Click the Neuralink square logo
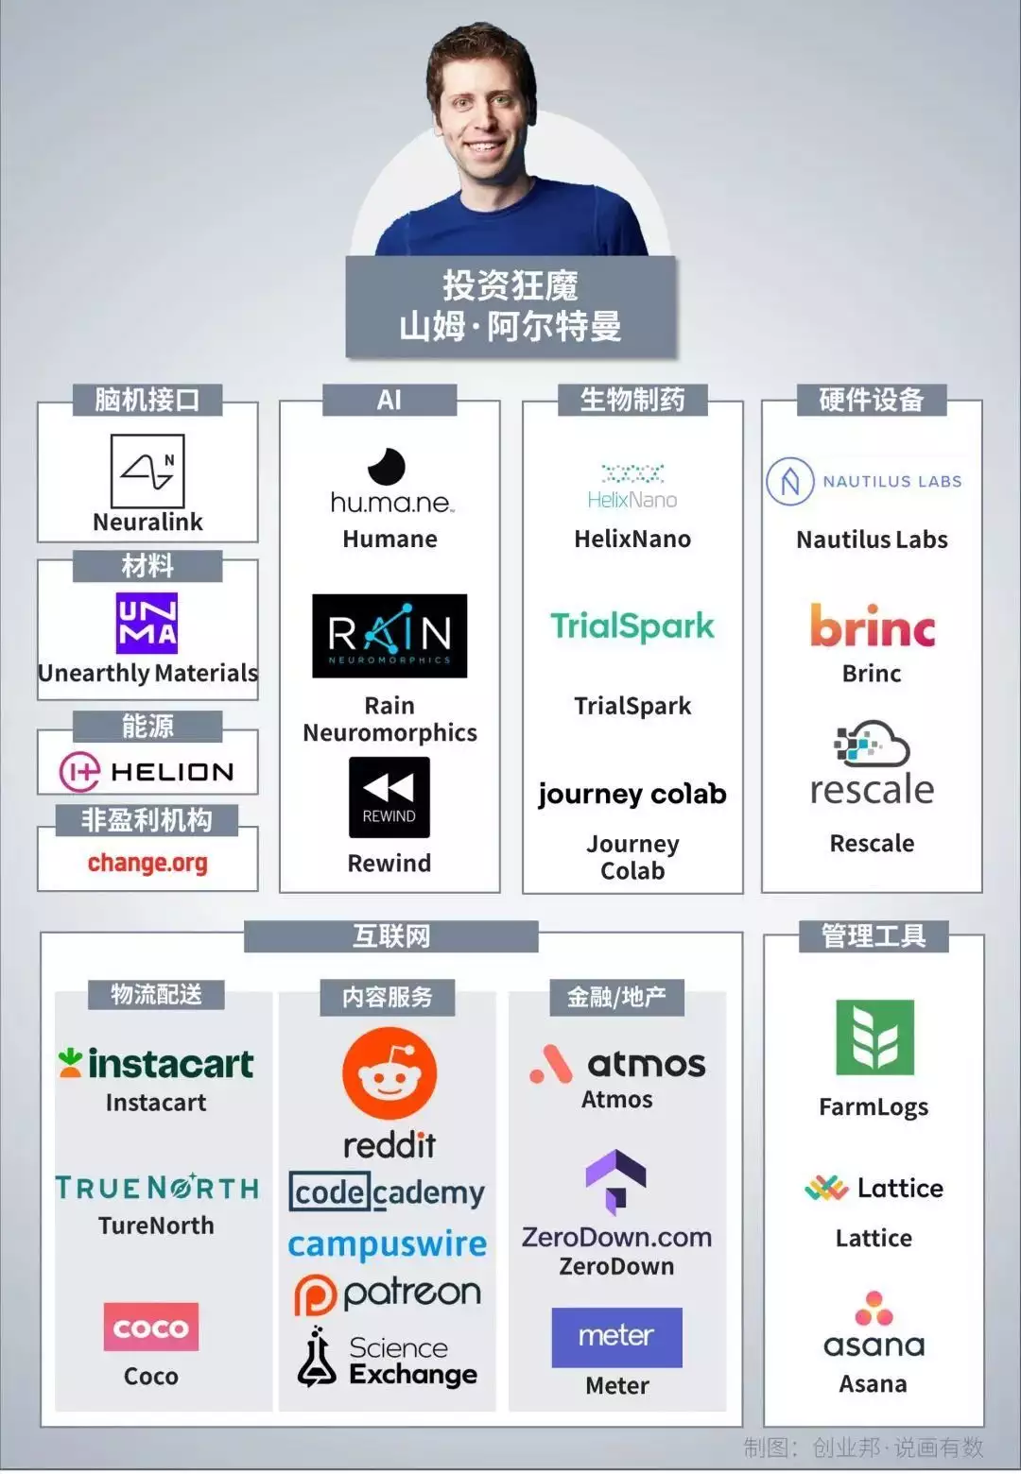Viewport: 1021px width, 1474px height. [147, 471]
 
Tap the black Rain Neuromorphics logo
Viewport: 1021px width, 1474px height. [389, 636]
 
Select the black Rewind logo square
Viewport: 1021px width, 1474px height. [389, 797]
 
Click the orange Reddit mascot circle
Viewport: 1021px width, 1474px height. [389, 1073]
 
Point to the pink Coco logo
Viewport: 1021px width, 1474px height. [150, 1327]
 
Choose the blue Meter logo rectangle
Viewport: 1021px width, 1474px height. [616, 1337]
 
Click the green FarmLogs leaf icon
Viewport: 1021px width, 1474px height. [874, 1037]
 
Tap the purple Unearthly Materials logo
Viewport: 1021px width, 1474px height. [147, 624]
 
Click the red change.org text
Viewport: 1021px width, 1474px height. [147, 863]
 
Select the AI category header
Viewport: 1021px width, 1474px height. [389, 400]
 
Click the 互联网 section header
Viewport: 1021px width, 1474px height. [391, 935]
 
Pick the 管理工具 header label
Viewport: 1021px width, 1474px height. [874, 935]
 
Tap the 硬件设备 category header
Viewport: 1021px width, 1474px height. [872, 400]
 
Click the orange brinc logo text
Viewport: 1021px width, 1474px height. [873, 625]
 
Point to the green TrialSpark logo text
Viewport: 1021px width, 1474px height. [632, 626]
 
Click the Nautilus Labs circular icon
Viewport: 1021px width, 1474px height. [790, 482]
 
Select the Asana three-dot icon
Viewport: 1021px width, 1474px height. [874, 1308]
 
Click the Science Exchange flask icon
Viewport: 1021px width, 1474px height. [317, 1358]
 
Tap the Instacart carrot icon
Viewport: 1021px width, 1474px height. [70, 1063]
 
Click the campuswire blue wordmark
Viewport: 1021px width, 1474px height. [387, 1243]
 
